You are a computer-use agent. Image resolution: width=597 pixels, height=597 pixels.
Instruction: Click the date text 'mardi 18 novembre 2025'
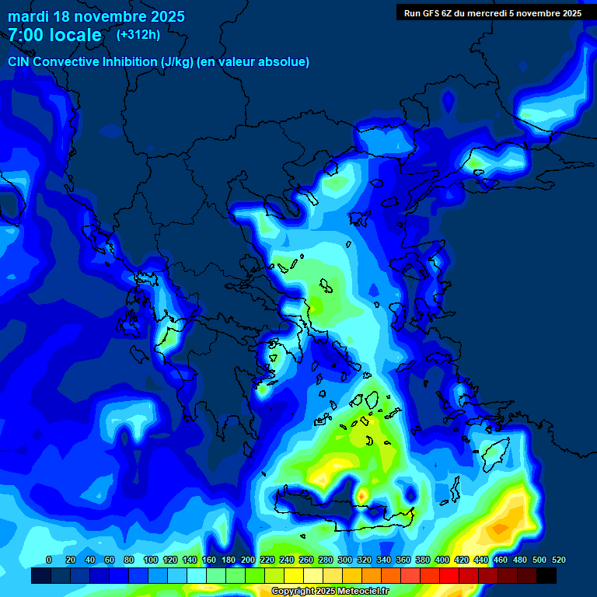click(x=96, y=16)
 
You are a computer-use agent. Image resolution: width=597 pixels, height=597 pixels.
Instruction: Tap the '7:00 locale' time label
click(x=54, y=35)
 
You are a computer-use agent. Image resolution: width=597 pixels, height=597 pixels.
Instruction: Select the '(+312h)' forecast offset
click(x=138, y=34)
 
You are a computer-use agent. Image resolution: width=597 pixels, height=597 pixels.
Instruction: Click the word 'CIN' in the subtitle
click(x=19, y=61)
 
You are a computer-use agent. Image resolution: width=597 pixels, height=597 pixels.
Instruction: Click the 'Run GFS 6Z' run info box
click(x=493, y=12)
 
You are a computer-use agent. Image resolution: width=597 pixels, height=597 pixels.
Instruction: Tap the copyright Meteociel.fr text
click(x=329, y=591)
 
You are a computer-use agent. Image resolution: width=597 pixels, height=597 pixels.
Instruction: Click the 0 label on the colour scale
click(x=49, y=560)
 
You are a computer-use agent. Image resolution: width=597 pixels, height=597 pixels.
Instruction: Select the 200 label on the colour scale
click(x=247, y=560)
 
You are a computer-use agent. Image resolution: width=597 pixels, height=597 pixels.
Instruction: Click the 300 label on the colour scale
click(x=344, y=560)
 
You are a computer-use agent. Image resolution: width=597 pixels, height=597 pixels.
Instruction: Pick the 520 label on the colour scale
click(x=558, y=560)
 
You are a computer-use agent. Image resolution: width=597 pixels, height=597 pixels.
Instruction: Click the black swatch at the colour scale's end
click(x=546, y=575)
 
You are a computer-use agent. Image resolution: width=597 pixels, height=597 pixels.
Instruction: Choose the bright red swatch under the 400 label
click(x=449, y=575)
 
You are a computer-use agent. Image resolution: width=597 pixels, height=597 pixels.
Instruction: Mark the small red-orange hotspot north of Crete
click(x=361, y=494)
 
